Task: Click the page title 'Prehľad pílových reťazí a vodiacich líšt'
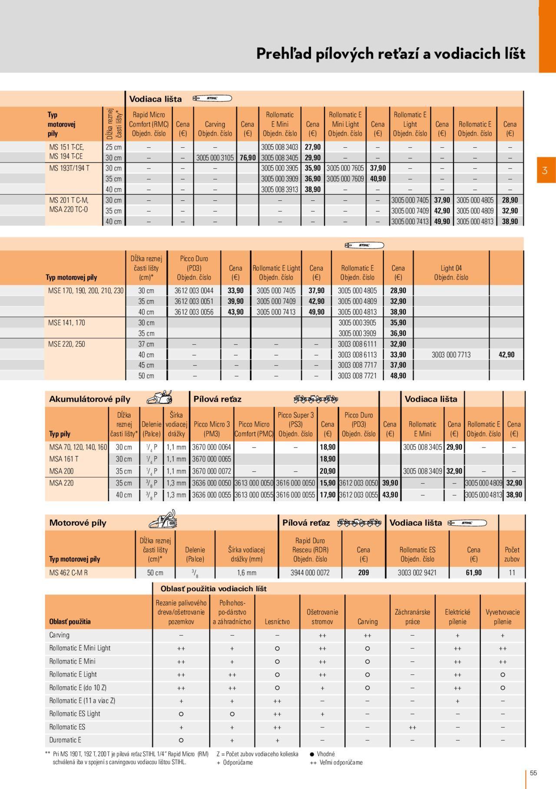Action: (390, 53)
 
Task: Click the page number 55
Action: (533, 772)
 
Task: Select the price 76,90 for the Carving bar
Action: (248, 158)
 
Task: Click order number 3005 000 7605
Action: (345, 168)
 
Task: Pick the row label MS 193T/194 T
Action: (69, 168)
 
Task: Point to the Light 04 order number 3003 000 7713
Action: (451, 355)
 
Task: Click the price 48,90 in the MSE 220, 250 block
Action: (398, 376)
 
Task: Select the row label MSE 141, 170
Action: (66, 322)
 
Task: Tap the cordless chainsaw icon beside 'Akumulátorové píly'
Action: (159, 398)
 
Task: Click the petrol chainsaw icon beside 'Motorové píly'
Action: (162, 520)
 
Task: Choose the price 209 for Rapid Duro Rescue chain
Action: (364, 573)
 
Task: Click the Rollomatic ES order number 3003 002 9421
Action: (417, 573)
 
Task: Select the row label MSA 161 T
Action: (64, 459)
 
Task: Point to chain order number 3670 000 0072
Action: (212, 471)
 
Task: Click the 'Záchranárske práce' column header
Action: (412, 617)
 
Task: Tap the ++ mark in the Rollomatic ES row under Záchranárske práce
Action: (412, 727)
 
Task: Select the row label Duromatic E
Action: (65, 740)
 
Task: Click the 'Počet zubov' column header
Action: (512, 554)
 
